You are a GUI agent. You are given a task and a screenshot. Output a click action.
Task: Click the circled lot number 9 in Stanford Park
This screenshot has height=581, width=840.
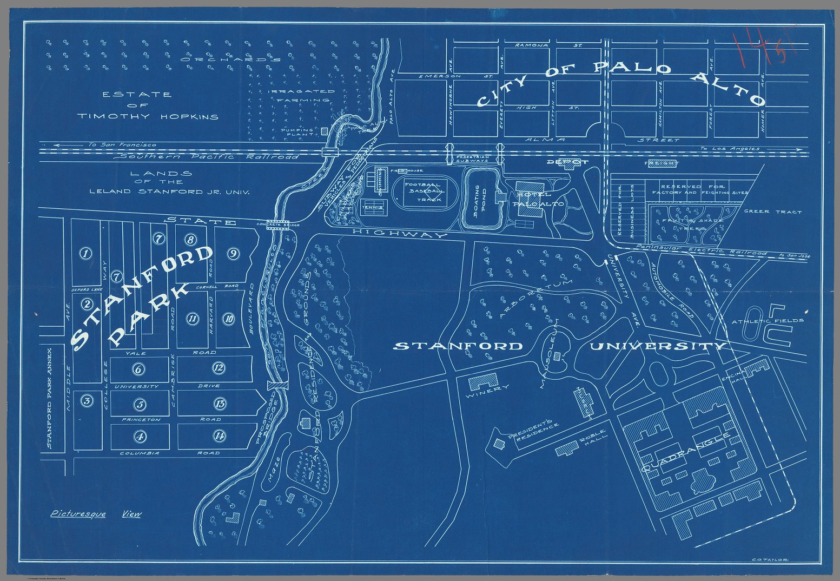(233, 253)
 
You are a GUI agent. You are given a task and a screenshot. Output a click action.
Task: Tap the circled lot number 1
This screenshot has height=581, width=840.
(85, 253)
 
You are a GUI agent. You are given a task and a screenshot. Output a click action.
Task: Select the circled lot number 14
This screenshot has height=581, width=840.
(219, 435)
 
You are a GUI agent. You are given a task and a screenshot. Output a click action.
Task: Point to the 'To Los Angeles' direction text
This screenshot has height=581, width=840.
(729, 148)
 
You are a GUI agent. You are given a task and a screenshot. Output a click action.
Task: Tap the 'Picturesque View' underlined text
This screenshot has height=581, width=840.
(96, 514)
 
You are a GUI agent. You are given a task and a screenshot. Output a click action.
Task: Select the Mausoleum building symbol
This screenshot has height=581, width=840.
(558, 355)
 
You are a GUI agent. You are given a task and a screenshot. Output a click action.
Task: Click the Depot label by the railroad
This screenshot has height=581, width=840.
(566, 162)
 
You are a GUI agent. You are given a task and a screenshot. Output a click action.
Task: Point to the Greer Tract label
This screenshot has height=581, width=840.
(773, 212)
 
